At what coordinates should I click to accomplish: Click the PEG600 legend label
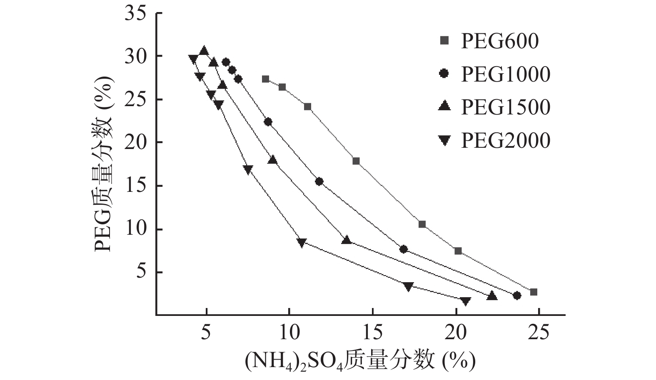coord(499,41)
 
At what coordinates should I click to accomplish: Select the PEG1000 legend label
coord(505,75)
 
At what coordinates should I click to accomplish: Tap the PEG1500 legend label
coord(505,107)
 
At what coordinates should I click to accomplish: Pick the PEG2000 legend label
coord(505,140)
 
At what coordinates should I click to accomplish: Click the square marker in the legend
coord(444,41)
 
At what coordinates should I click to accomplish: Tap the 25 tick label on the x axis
coord(539,333)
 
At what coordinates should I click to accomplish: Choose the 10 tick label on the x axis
coord(289,333)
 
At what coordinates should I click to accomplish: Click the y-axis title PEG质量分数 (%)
coord(103,164)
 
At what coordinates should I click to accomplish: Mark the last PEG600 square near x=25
coord(534,292)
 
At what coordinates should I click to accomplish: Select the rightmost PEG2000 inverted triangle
coord(466,301)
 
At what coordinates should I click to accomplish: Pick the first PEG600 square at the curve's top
coord(266,79)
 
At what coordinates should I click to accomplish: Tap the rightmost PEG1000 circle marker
coord(517,296)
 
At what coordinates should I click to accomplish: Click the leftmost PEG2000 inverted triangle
coord(193,59)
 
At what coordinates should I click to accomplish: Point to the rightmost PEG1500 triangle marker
coord(492,296)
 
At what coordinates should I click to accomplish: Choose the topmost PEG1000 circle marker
coord(226,62)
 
